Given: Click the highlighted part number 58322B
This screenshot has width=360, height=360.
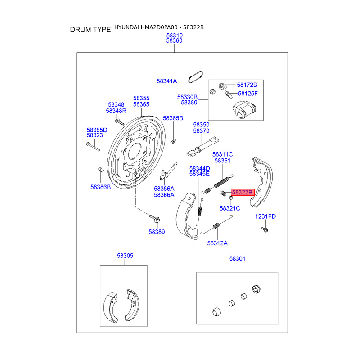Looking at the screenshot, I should click(x=243, y=192).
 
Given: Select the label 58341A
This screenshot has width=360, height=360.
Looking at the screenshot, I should click(x=166, y=81).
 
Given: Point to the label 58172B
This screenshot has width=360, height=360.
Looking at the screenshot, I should click(x=247, y=85).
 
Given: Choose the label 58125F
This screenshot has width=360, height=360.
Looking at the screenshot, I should click(x=247, y=94).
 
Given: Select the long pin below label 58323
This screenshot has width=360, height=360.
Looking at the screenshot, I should click(x=93, y=146).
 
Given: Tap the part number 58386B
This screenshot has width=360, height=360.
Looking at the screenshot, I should click(x=100, y=186).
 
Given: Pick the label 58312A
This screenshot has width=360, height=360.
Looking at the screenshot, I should click(x=217, y=243).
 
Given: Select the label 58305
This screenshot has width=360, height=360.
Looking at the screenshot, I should click(x=125, y=256).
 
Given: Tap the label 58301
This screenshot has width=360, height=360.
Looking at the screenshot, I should click(x=237, y=259).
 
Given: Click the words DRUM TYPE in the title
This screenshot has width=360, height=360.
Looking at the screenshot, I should click(x=90, y=30).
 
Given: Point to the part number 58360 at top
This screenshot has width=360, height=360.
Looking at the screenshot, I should click(x=174, y=40).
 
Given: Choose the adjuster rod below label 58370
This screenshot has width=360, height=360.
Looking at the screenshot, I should click(x=202, y=147).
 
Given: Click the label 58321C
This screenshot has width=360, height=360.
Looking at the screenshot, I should click(x=229, y=208).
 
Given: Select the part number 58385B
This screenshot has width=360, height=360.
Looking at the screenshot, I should click(x=173, y=118).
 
